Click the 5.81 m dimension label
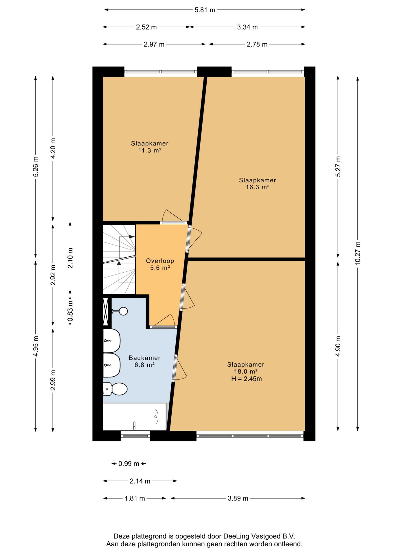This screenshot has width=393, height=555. pyautogui.click(x=205, y=10)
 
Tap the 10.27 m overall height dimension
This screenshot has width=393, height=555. pyautogui.click(x=358, y=253)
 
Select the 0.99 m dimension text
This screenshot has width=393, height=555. pyautogui.click(x=129, y=464)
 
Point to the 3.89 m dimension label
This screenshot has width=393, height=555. pyautogui.click(x=238, y=498)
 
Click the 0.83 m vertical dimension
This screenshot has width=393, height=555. pyautogui.click(x=70, y=311)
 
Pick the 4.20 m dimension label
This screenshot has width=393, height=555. pyautogui.click(x=53, y=148)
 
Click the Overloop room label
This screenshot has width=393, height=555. pyautogui.click(x=160, y=261)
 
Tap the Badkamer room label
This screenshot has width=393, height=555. pyautogui.click(x=144, y=358)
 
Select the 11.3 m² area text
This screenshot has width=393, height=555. pyautogui.click(x=150, y=150)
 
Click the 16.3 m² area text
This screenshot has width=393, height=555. pyautogui.click(x=258, y=187)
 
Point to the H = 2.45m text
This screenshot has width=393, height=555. pyautogui.click(x=247, y=379)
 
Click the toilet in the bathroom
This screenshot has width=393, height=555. pyautogui.click(x=115, y=389)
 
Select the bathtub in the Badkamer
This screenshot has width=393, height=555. pyautogui.click(x=135, y=417)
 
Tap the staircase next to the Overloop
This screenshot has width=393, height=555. pyautogui.click(x=119, y=259)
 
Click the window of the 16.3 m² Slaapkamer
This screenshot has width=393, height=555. pyautogui.click(x=268, y=72)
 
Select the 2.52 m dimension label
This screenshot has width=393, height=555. pyautogui.click(x=146, y=27)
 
